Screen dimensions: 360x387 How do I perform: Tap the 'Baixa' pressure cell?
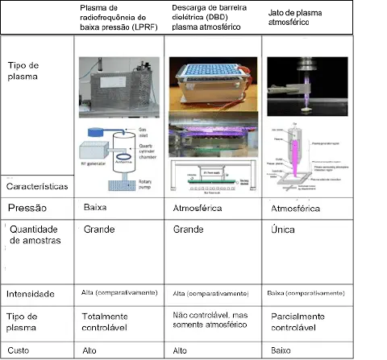[x=96, y=208]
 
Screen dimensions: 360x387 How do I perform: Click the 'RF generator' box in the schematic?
[x=92, y=153]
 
